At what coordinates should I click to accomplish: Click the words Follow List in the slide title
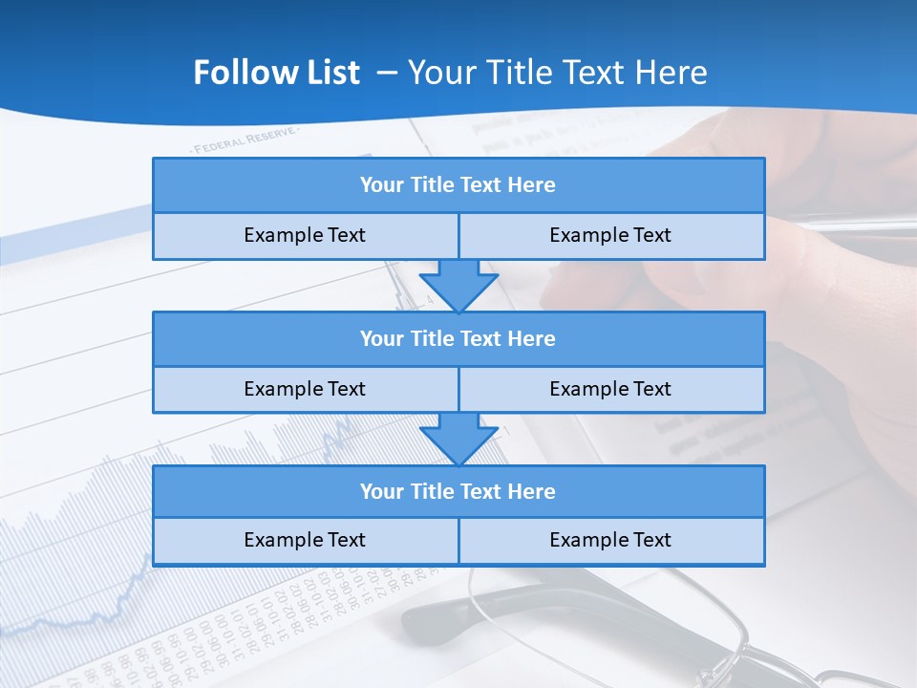pos(276,73)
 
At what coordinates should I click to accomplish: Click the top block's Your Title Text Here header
pos(458,185)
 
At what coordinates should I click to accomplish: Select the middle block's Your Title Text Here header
pos(458,339)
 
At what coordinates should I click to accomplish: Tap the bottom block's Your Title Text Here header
pos(458,492)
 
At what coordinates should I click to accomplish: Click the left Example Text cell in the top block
pos(305,236)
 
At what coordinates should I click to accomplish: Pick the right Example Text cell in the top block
pos(611,236)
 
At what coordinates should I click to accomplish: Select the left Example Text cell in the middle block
pos(305,390)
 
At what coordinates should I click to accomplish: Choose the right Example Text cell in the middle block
pos(611,390)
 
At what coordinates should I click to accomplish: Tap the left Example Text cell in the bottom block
pos(305,541)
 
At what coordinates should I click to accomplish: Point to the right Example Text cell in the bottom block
pos(611,541)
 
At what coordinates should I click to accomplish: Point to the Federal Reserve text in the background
pos(245,141)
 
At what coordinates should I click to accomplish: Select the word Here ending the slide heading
pos(673,73)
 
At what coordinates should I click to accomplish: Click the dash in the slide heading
pos(387,73)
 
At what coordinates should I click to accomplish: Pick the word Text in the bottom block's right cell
pos(650,541)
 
